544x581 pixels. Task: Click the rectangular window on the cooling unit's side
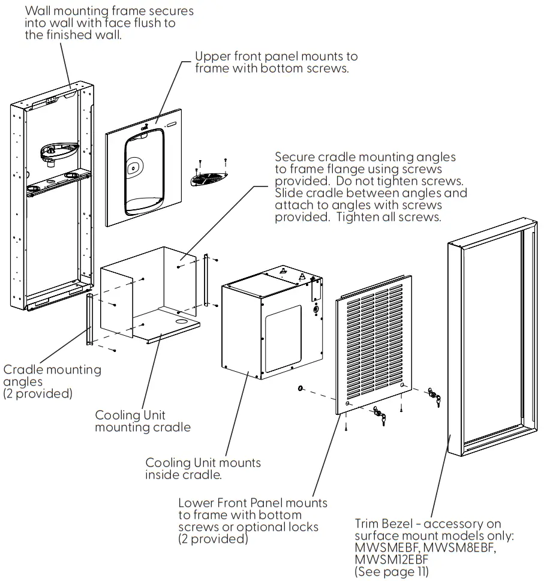click(x=283, y=338)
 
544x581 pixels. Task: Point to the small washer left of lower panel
click(x=300, y=390)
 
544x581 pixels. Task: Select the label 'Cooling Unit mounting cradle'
click(x=143, y=421)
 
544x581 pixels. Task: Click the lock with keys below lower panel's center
click(x=379, y=415)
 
